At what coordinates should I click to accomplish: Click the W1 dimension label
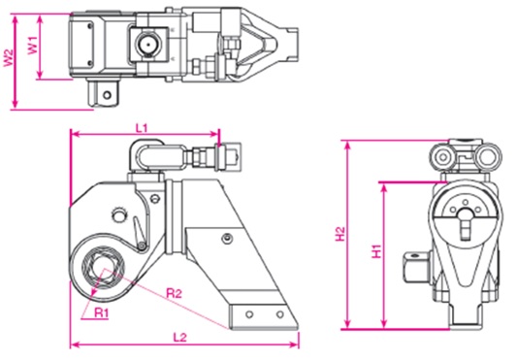pyautogui.click(x=33, y=45)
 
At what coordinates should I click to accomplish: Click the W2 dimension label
pyautogui.click(x=8, y=58)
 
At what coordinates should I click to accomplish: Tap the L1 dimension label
pyautogui.click(x=142, y=128)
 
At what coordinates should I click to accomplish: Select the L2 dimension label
pyautogui.click(x=180, y=338)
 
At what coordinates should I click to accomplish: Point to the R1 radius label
pyautogui.click(x=101, y=312)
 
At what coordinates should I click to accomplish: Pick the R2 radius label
pyautogui.click(x=174, y=293)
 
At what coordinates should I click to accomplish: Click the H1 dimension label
pyautogui.click(x=376, y=251)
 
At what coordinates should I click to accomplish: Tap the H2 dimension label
pyautogui.click(x=339, y=234)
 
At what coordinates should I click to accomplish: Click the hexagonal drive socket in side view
pyautogui.click(x=103, y=268)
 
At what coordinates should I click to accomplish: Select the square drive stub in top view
pyautogui.click(x=103, y=94)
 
